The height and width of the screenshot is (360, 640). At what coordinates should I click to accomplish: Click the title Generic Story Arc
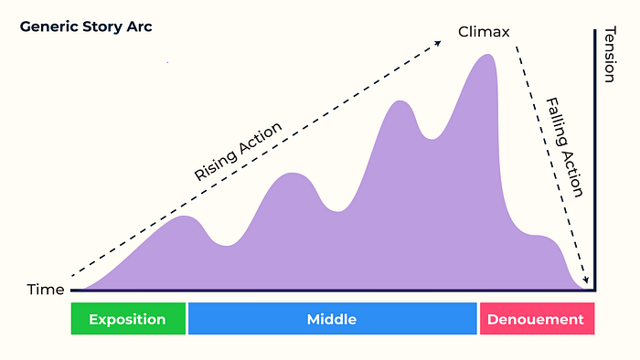tap(86, 26)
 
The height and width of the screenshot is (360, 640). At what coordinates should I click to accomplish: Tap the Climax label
tap(484, 32)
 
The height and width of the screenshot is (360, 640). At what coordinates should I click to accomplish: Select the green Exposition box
tap(128, 319)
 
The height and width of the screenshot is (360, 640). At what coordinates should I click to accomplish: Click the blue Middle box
tap(332, 319)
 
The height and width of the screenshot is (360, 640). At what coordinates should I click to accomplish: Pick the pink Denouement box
tap(537, 319)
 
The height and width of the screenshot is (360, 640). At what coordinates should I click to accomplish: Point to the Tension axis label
tap(610, 55)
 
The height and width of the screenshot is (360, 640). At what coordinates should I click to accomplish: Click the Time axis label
tap(46, 290)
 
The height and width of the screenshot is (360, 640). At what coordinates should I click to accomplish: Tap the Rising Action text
tap(238, 152)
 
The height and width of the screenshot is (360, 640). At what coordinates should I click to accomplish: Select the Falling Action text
tap(565, 147)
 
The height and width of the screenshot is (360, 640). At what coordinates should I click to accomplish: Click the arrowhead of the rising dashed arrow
tap(438, 43)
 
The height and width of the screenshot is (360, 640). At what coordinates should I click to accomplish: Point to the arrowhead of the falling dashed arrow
tap(586, 280)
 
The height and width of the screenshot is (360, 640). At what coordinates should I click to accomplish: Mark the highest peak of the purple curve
tap(487, 55)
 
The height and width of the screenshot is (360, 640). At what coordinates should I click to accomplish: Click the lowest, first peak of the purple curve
tap(185, 217)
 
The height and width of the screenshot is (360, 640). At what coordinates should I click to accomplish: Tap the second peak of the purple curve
tap(293, 174)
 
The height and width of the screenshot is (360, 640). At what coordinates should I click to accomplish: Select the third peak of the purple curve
tap(400, 101)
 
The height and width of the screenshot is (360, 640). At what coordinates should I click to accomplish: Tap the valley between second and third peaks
tap(338, 211)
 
